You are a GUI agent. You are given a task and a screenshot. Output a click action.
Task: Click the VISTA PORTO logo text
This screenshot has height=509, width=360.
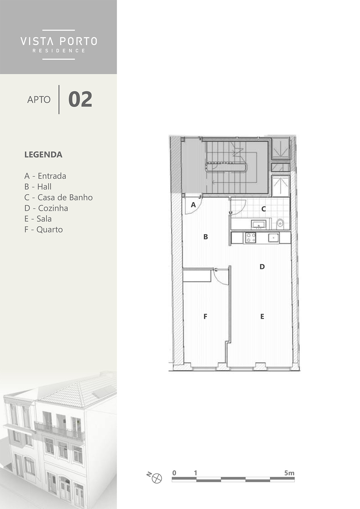pyautogui.click(x=59, y=41)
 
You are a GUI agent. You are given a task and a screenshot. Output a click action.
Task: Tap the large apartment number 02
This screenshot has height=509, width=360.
pyautogui.click(x=80, y=99)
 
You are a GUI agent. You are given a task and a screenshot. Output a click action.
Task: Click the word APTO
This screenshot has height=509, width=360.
pyautogui.click(x=39, y=99)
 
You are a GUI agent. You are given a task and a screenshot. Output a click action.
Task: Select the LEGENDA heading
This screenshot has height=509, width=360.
pyautogui.click(x=43, y=155)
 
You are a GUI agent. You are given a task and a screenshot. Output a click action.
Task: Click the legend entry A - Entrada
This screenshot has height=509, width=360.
pyautogui.click(x=45, y=176)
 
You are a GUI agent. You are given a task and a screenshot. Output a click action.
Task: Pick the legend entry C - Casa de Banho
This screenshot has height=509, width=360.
pyautogui.click(x=59, y=197)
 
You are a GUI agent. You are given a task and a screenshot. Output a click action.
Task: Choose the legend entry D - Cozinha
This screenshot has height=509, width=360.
pyautogui.click(x=46, y=208)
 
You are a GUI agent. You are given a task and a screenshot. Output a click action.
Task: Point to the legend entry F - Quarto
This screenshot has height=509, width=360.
pyautogui.click(x=43, y=229)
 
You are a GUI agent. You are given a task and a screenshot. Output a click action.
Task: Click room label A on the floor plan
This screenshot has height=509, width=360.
pyautogui.click(x=193, y=205)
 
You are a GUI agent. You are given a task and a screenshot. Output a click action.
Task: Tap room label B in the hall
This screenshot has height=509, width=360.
pyautogui.click(x=206, y=237)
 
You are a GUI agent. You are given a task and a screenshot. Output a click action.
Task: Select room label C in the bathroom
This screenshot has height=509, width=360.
pyautogui.click(x=264, y=209)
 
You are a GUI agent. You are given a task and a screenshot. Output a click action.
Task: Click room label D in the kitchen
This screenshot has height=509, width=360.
pyautogui.click(x=262, y=267)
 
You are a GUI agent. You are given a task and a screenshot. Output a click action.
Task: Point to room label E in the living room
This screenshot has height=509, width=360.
pyautogui.click(x=262, y=316)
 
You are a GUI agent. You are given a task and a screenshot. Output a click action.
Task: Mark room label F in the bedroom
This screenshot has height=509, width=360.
pyautogui.click(x=205, y=316)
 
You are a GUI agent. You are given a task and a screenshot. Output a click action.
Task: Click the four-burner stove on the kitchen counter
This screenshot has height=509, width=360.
pyautogui.click(x=250, y=238)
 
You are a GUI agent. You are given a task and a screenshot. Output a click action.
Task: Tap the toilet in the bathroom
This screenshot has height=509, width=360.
pyautogui.click(x=280, y=224)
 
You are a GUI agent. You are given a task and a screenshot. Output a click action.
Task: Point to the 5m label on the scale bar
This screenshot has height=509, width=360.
pyautogui.click(x=289, y=473)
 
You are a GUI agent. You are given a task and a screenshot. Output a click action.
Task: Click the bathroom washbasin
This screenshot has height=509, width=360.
pyautogui.click(x=259, y=224)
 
